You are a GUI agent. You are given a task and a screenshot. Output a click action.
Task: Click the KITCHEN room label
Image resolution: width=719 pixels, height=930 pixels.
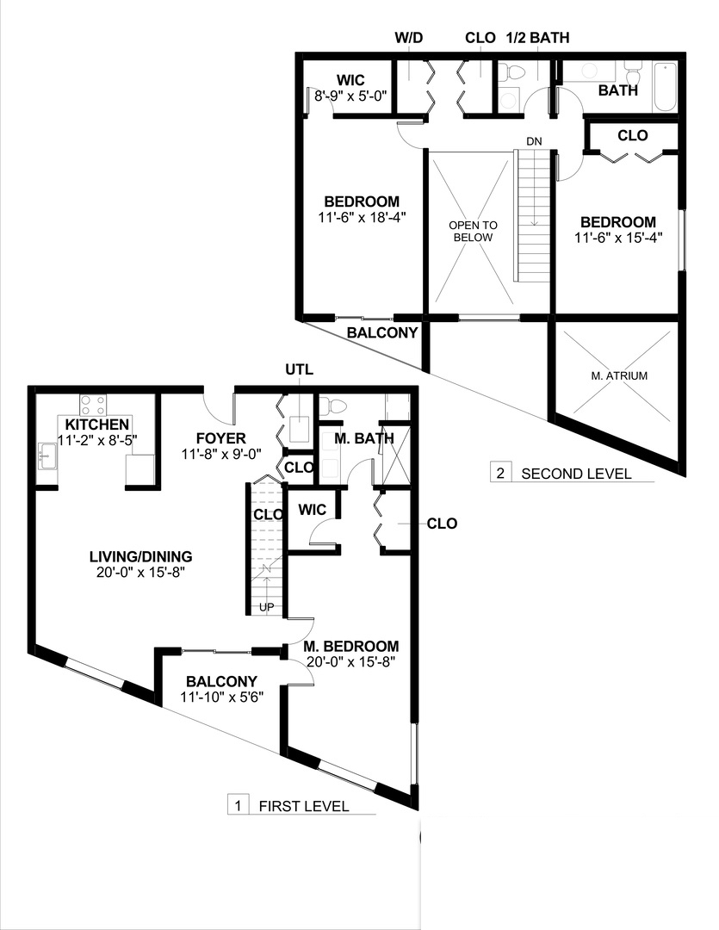[x=97, y=425]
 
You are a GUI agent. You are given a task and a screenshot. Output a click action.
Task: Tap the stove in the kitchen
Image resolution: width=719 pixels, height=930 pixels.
[x=92, y=403]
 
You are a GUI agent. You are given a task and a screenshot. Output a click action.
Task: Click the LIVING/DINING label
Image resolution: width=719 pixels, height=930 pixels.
[x=139, y=555]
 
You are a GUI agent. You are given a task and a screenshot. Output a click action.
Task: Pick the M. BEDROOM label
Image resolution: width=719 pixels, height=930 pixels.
[x=351, y=646]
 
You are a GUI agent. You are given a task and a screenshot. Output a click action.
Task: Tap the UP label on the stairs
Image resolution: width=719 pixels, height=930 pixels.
[x=267, y=606]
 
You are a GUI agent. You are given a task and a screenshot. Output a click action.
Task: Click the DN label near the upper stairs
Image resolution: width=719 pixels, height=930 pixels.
[x=535, y=140]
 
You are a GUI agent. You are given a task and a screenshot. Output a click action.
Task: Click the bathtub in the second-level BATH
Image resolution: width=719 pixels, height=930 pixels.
[x=665, y=86]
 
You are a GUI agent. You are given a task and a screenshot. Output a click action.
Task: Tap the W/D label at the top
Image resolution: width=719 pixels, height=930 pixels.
[x=409, y=38]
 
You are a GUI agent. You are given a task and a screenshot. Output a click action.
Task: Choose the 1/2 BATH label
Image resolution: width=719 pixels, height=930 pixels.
[x=539, y=38]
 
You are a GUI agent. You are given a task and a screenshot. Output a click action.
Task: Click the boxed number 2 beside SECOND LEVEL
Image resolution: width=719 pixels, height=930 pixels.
[x=500, y=473]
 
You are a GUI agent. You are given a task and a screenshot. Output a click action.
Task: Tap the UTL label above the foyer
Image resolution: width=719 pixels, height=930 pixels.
[x=299, y=370]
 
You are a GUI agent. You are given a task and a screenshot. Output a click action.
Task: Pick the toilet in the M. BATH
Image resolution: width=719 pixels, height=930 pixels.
[x=333, y=405]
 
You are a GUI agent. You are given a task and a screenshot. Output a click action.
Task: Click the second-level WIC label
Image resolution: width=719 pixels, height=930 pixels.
[x=350, y=81]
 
